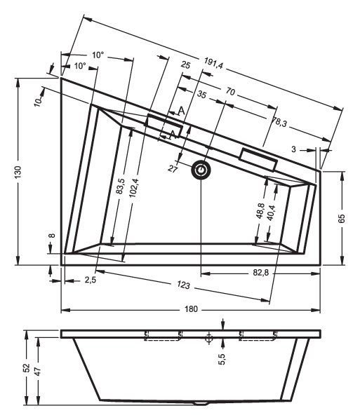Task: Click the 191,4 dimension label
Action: (x=213, y=64)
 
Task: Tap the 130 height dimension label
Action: (x=18, y=172)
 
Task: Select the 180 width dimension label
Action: (x=191, y=309)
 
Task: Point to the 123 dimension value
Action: (x=184, y=285)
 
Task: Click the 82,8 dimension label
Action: (x=261, y=273)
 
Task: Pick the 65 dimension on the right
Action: (x=342, y=219)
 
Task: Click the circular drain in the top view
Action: (x=201, y=170)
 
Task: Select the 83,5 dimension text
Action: (x=121, y=187)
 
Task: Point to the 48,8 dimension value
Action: (x=260, y=211)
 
